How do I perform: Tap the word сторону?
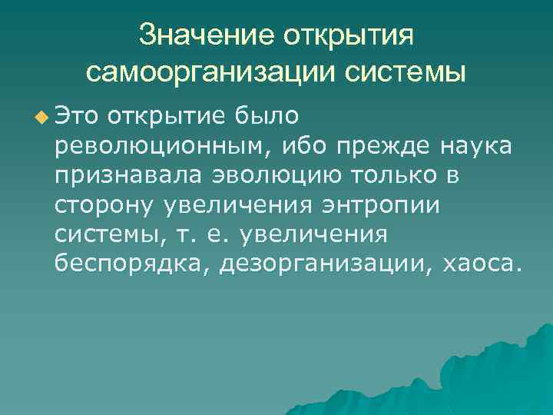tap(104, 204)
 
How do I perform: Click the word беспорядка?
tap(131, 263)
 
